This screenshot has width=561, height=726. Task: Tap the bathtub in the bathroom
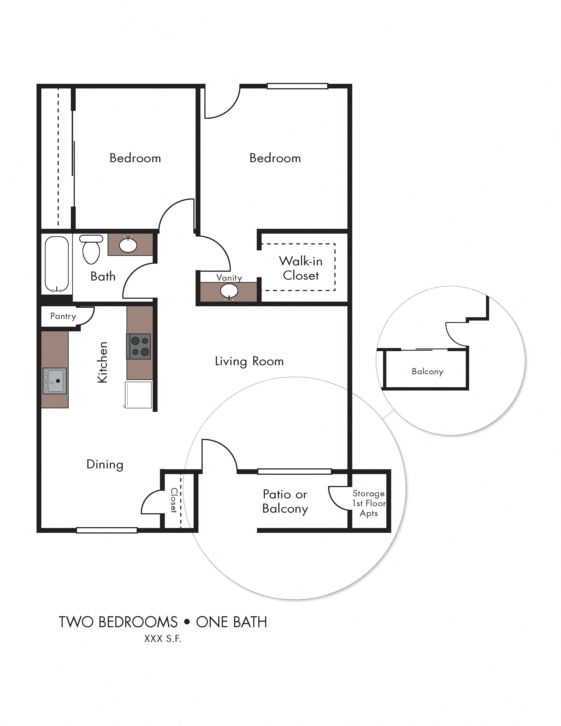click(x=57, y=264)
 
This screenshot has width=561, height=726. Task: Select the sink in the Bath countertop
click(x=128, y=245)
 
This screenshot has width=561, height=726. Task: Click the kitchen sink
click(x=55, y=381)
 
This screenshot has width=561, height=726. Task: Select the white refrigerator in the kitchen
click(x=138, y=395)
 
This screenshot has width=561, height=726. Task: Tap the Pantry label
click(x=63, y=316)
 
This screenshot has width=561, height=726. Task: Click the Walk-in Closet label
click(x=301, y=268)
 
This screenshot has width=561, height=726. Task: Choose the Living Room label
click(x=249, y=361)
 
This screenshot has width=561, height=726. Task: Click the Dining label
click(x=105, y=464)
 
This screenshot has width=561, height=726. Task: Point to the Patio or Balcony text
click(x=285, y=501)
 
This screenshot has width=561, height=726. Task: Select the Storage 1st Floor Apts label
click(x=369, y=503)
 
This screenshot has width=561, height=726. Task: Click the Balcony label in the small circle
click(x=427, y=372)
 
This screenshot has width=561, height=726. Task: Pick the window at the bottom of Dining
click(x=107, y=530)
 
